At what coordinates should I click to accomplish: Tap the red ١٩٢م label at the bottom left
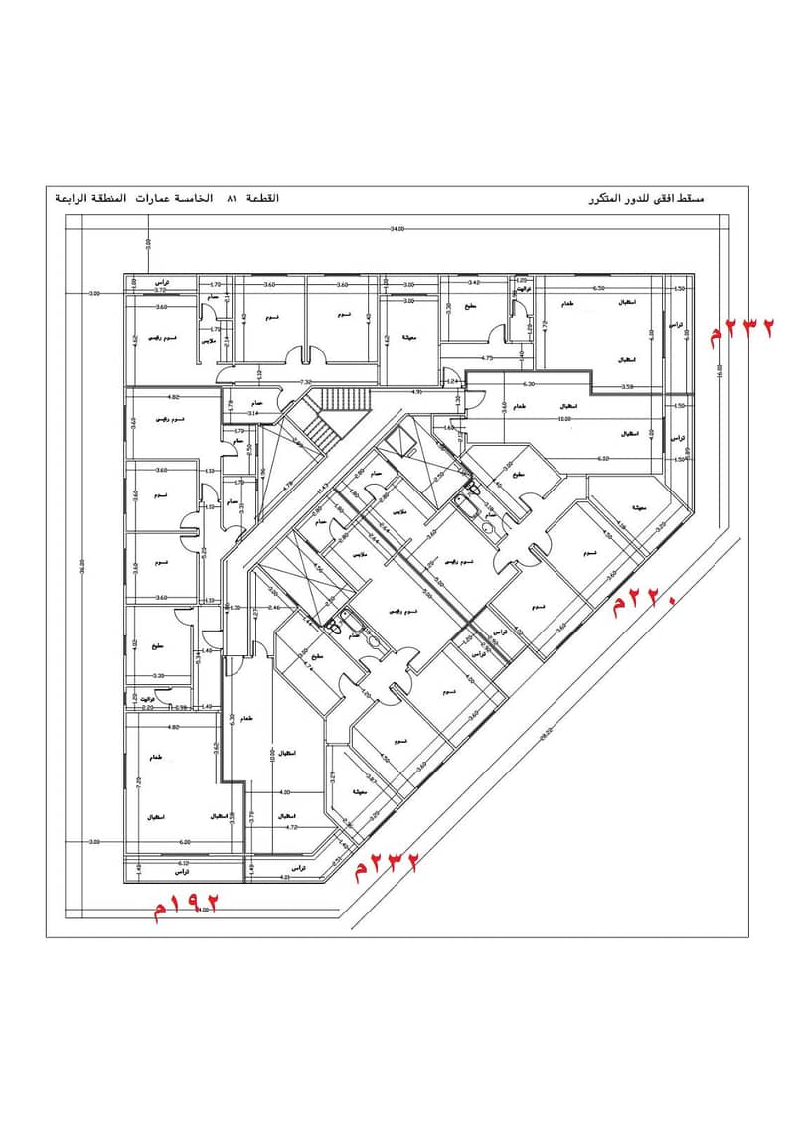coord(184,905)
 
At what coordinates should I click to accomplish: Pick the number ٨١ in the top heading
coord(232,199)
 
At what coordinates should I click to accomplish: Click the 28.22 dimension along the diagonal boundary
coord(545,734)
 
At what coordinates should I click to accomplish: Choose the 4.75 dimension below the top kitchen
coord(487,357)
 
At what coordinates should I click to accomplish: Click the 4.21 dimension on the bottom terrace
coord(284,877)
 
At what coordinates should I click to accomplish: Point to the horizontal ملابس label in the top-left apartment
coord(209,341)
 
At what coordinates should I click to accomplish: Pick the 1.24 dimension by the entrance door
coord(450,381)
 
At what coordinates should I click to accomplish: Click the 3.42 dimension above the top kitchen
coord(474,283)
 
